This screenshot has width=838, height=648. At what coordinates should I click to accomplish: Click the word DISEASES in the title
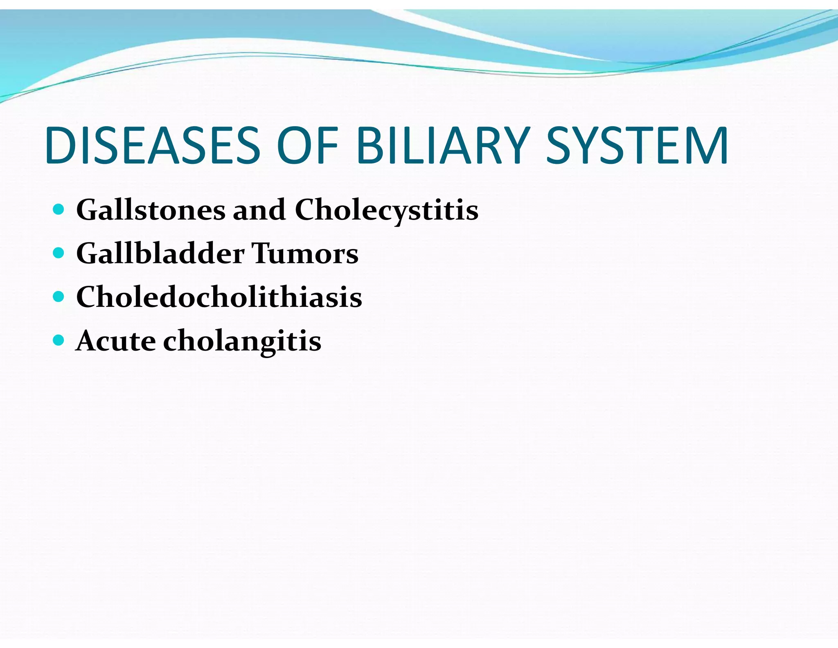click(152, 146)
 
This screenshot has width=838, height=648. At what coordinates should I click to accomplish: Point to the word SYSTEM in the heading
click(637, 146)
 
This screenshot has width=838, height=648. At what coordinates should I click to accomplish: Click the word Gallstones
click(151, 210)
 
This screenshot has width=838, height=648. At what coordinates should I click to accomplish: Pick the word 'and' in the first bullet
click(259, 210)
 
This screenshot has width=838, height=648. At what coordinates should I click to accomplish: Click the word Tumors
click(305, 254)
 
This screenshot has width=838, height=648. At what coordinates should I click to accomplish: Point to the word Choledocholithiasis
click(219, 297)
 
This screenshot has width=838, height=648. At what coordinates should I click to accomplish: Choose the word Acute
click(116, 341)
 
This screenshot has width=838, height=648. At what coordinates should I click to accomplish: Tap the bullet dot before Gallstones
click(59, 210)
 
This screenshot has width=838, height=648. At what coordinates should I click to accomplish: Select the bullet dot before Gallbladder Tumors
click(59, 253)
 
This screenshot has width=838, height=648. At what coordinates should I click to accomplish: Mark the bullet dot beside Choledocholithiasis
click(59, 297)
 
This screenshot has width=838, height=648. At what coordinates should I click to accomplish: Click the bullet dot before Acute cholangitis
click(59, 340)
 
